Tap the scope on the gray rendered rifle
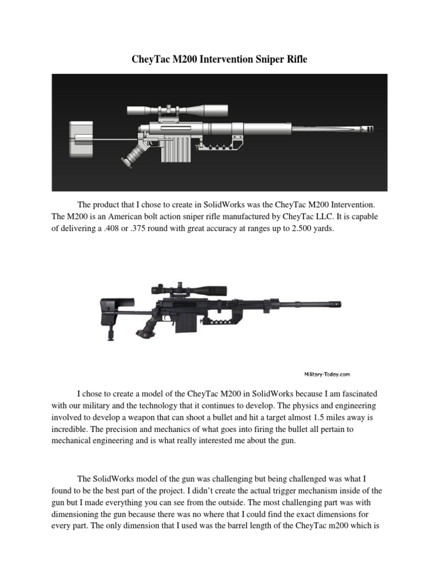[177, 109]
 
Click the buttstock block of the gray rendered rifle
[80, 138]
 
